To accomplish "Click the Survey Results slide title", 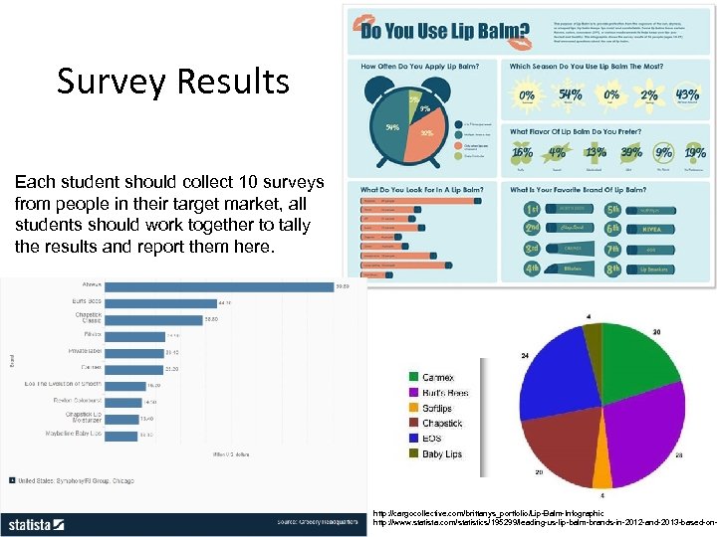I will (172, 82).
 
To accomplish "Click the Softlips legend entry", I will (435, 408).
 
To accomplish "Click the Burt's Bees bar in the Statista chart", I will (159, 302).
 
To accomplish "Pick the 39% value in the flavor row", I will (631, 152).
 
